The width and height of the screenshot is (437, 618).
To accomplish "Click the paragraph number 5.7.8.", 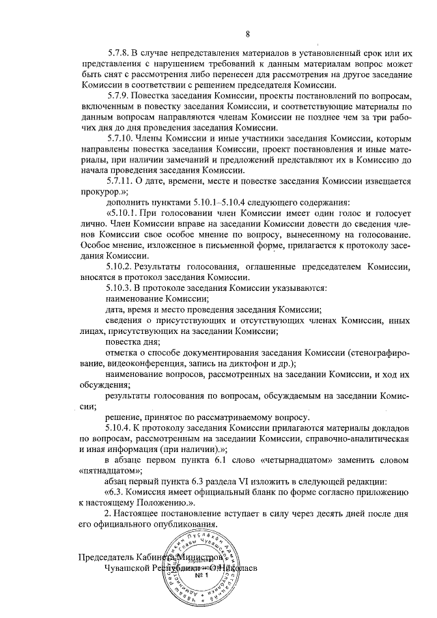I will [x=121, y=53].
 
